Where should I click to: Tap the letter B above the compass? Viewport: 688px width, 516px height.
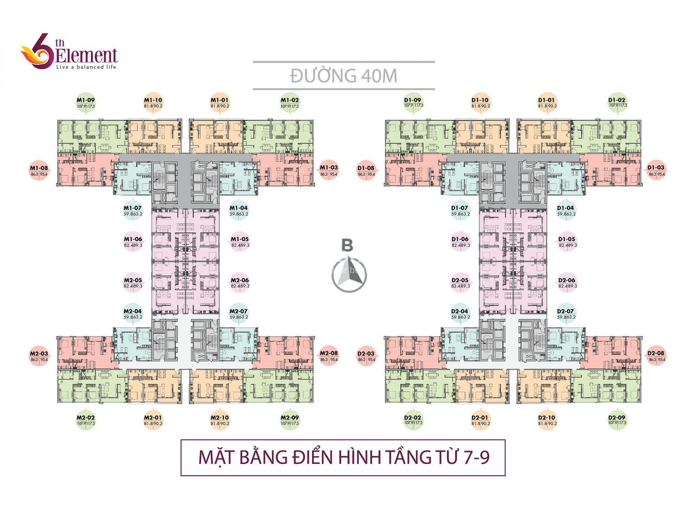click(348, 245)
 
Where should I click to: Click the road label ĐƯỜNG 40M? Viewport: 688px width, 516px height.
click(344, 76)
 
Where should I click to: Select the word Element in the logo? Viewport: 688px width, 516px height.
click(86, 55)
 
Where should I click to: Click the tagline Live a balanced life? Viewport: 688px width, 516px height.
click(86, 67)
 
